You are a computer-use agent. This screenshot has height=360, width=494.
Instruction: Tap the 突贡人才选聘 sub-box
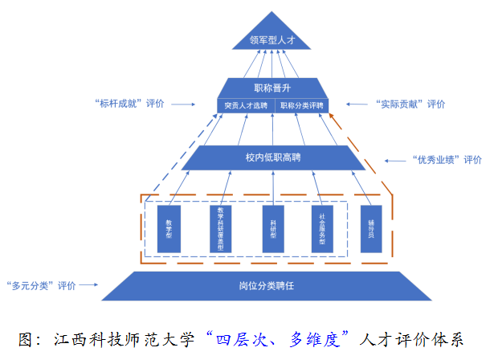(x=247, y=105)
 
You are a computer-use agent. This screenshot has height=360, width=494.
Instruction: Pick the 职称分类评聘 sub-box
(x=302, y=105)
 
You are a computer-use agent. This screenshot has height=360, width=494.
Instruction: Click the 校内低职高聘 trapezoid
(x=273, y=157)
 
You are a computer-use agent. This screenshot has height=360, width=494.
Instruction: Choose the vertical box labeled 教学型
(x=169, y=229)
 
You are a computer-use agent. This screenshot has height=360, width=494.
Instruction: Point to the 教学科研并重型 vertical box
(x=220, y=229)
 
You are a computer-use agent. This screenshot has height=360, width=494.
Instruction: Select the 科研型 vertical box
(x=272, y=229)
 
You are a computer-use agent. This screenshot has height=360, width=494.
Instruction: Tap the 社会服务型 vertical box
(x=322, y=229)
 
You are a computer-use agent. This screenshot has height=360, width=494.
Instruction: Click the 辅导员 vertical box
(x=371, y=229)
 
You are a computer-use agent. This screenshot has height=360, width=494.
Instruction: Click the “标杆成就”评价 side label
(x=129, y=104)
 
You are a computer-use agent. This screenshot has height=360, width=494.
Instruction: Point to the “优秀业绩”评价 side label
(x=447, y=159)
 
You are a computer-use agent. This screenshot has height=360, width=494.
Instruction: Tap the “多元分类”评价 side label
(x=40, y=284)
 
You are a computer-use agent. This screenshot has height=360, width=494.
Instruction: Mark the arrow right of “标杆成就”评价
(x=183, y=104)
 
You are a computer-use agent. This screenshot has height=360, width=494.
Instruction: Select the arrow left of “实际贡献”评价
(x=358, y=104)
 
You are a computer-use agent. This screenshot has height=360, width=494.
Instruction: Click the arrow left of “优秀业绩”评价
(x=394, y=159)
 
